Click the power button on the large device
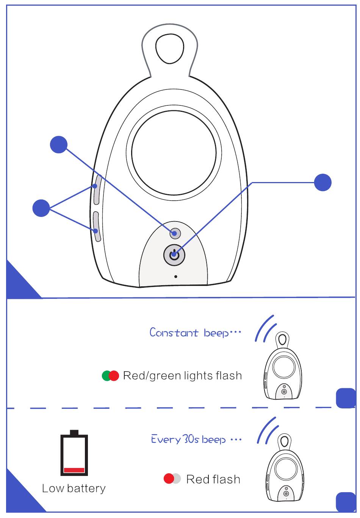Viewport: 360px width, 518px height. tap(174, 255)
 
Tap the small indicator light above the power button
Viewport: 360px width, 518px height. tap(174, 233)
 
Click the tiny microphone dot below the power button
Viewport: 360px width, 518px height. tap(175, 276)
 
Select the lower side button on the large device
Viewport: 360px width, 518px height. tap(96, 227)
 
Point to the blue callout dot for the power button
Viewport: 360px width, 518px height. tap(322, 182)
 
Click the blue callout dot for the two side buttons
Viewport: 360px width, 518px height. tap(41, 208)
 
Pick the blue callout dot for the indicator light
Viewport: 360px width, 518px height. tap(59, 144)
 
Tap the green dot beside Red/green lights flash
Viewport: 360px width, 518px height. tap(106, 376)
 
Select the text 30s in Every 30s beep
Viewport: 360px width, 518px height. tap(191, 440)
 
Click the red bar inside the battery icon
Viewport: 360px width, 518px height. tap(74, 470)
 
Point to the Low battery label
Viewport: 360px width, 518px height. tap(74, 488)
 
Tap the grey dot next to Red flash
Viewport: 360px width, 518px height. tap(177, 479)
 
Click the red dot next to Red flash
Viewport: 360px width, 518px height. tap(168, 479)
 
